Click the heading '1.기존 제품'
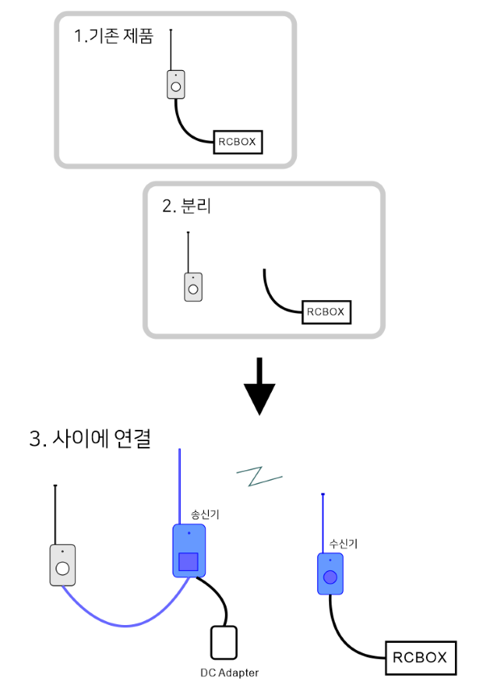(x=113, y=37)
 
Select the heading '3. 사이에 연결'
(x=90, y=440)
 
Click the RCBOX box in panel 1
(x=237, y=143)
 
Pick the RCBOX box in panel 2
(x=326, y=312)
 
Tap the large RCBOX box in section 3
(x=419, y=658)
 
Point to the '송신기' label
(x=204, y=514)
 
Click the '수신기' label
(x=344, y=543)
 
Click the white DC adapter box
(x=223, y=643)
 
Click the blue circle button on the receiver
(x=330, y=577)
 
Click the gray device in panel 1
(x=176, y=85)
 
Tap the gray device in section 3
(x=62, y=565)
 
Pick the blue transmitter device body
(x=190, y=539)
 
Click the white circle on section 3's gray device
(x=62, y=569)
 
